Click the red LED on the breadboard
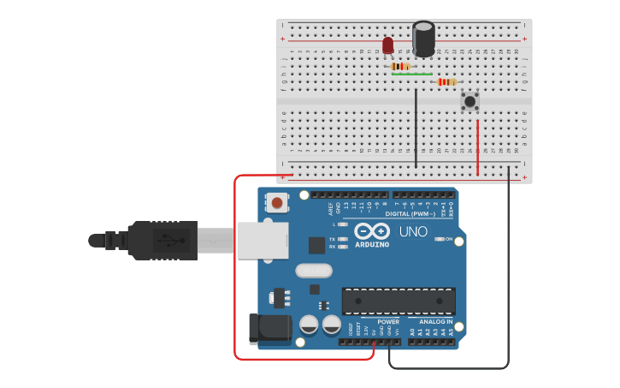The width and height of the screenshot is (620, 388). coord(388,45)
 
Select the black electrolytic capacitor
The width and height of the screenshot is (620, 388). coord(423,39)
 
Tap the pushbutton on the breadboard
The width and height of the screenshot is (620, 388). coord(469,101)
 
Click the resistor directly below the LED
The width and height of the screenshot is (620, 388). coord(400,66)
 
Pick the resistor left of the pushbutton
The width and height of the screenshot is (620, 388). coord(446,82)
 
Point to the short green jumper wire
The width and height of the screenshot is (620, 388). coord(411,75)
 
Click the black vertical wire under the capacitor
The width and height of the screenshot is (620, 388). coord(416,128)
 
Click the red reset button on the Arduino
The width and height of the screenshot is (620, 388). coord(277,203)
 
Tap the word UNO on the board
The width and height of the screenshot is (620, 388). coord(414,232)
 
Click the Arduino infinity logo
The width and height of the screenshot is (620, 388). coord(372,231)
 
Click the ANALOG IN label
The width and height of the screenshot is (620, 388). coord(436,322)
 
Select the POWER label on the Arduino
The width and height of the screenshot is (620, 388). coord(376,322)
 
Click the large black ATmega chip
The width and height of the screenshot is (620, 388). coord(399,301)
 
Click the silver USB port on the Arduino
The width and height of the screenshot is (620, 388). coord(263,241)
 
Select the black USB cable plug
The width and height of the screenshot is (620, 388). coord(162,240)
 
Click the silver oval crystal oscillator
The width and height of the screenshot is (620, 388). coord(314,271)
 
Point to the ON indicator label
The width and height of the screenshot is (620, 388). coord(449,239)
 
